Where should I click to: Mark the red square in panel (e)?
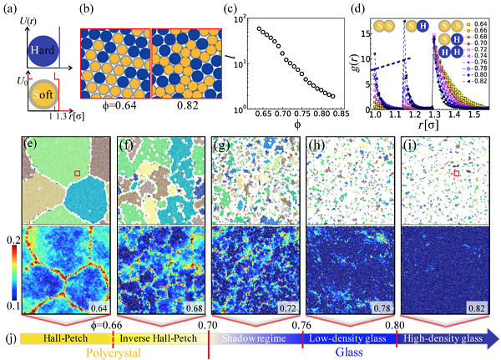coord(78,173)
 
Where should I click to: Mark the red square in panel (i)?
coord(456,174)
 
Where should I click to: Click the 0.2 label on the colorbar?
coord(11,237)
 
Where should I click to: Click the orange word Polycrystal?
coord(114,353)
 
